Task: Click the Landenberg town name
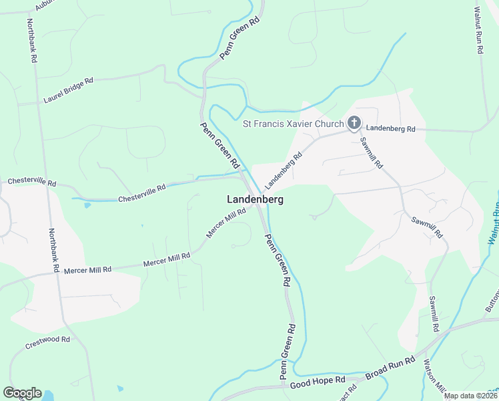(255, 199)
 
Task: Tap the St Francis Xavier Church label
(293, 124)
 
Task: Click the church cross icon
(354, 123)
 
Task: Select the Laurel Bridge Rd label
(68, 90)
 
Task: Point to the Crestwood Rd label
(47, 343)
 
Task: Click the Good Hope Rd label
(318, 382)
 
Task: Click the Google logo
(22, 393)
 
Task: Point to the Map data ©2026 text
(471, 396)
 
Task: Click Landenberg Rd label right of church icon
(391, 128)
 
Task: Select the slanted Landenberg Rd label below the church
(283, 170)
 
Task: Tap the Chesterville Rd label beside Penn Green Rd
(141, 194)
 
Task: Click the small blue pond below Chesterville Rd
(87, 205)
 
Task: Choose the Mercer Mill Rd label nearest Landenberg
(226, 223)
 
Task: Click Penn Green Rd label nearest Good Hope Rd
(287, 350)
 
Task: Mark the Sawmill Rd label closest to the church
(371, 152)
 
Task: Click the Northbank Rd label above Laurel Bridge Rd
(31, 40)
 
